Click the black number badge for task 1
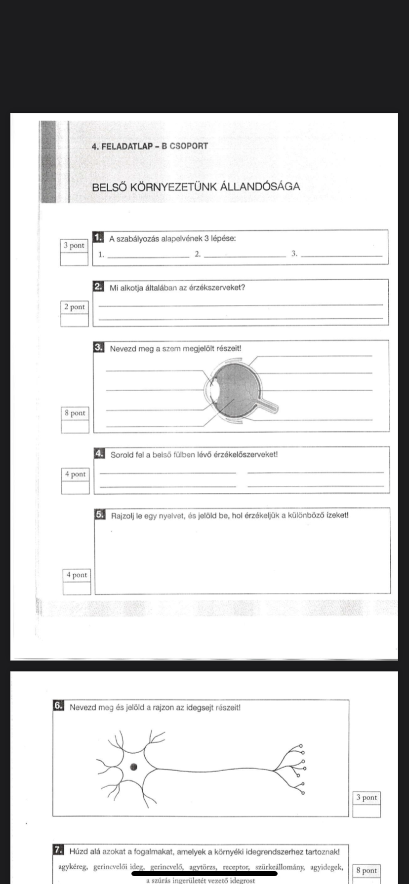[98, 238]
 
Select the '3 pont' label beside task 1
[74, 246]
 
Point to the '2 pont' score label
[75, 307]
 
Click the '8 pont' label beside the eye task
[75, 413]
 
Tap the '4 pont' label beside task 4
[76, 474]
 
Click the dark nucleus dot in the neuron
[133, 767]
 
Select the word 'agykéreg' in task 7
[74, 867]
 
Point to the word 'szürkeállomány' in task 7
[281, 867]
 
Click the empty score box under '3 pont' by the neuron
[367, 810]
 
